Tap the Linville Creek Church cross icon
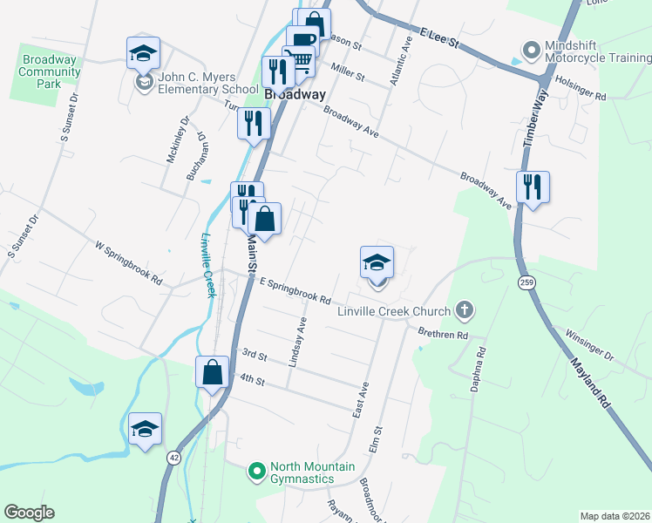click(x=465, y=310)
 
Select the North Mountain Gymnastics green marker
click(x=256, y=472)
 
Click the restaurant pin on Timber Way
click(x=533, y=187)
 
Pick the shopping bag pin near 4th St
click(x=212, y=372)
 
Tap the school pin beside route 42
click(x=146, y=429)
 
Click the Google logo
click(x=29, y=513)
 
